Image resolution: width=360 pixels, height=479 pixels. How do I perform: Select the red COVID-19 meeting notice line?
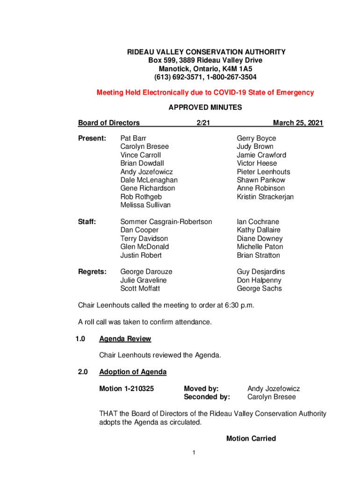(205, 93)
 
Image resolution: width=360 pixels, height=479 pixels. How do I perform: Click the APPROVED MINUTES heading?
(205, 108)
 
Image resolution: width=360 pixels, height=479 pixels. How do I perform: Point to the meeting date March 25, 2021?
(298, 123)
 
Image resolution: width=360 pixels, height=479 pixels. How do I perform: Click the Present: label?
(92, 138)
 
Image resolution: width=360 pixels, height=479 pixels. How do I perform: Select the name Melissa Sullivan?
(145, 205)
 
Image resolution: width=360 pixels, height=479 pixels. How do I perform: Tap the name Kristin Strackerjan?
(265, 197)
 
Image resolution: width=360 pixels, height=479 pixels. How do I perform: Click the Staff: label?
(87, 222)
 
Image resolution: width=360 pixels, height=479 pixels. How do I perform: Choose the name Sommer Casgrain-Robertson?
(166, 222)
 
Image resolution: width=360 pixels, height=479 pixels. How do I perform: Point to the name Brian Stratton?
(259, 255)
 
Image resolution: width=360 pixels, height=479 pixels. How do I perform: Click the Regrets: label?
(92, 272)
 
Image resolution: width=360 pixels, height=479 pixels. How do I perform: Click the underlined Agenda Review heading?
(125, 339)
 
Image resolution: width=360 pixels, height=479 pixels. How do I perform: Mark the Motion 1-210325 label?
(126, 389)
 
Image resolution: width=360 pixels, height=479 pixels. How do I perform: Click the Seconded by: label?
(207, 397)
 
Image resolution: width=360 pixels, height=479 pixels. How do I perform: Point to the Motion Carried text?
(251, 439)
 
